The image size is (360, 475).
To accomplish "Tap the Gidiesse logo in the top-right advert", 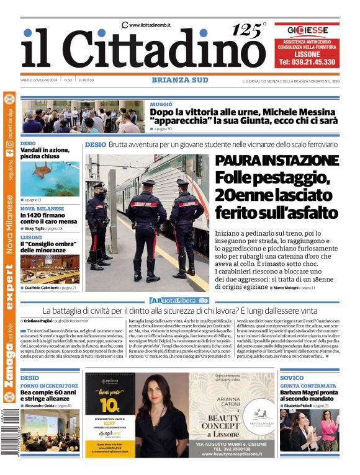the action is point(307,29).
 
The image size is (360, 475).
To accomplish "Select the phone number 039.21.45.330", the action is point(307,62).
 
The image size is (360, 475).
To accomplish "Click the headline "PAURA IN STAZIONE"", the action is point(276,161).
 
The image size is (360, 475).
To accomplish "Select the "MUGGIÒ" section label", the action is point(161,104).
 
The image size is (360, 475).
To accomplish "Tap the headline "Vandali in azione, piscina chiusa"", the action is point(45,153).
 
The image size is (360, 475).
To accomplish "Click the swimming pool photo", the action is point(50,179).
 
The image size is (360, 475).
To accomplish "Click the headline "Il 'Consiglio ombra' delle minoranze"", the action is point(46,247).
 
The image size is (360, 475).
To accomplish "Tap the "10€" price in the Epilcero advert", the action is point(109,406).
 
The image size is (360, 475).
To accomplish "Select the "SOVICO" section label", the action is point(292,378).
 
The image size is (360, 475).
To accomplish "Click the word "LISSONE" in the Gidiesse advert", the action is point(307,53).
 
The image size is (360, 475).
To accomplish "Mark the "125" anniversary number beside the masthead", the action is point(246,31).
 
